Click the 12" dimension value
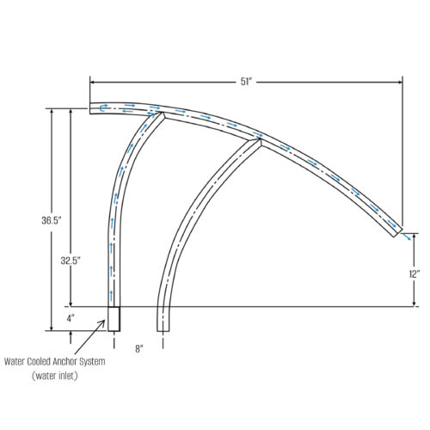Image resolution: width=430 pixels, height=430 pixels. coord(415,273)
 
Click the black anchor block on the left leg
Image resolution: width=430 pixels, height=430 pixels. coord(114,318)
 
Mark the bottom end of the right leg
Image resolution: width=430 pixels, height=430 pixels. coord(163,329)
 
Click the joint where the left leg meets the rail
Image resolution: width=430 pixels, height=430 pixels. coord(160,114)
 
